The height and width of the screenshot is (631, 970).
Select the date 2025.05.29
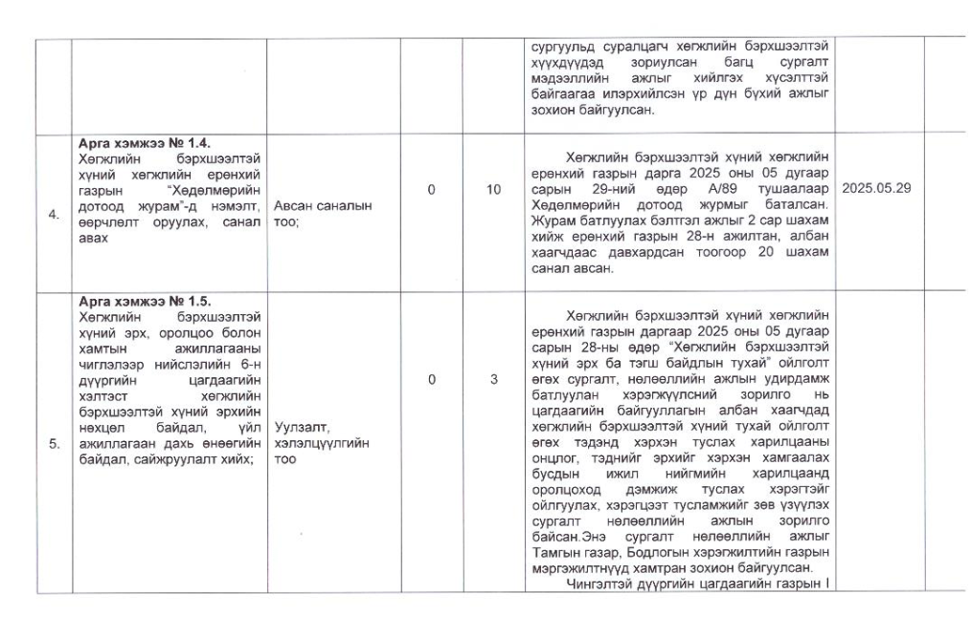pos(876,188)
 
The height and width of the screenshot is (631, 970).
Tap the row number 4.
pos(54,213)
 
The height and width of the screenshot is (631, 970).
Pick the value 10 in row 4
pos(493,189)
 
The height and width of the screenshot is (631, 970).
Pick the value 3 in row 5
pos(493,379)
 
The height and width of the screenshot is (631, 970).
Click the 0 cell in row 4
pos(431,189)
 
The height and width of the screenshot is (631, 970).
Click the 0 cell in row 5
pos(431,379)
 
